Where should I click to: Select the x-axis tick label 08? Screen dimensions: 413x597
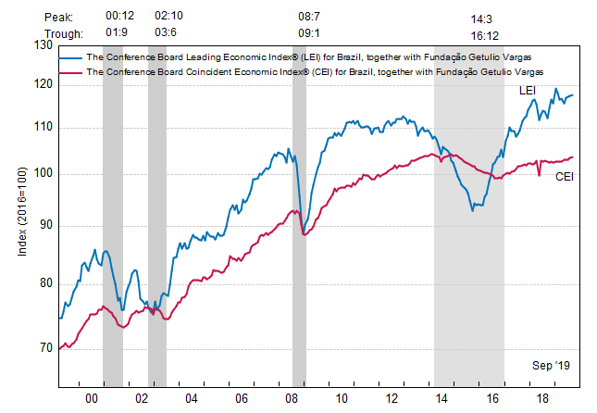pyautogui.click(x=292, y=397)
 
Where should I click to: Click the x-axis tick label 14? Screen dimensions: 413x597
pyautogui.click(x=442, y=397)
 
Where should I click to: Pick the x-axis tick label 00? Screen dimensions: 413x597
pyautogui.click(x=92, y=397)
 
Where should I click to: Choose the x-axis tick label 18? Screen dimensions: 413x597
pyautogui.click(x=541, y=397)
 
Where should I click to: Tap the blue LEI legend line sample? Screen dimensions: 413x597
pyautogui.click(x=70, y=56)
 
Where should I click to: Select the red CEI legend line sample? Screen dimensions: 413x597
pyautogui.click(x=70, y=71)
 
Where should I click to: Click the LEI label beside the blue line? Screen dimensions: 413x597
pyautogui.click(x=526, y=90)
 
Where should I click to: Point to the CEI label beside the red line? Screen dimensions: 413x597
pyautogui.click(x=563, y=176)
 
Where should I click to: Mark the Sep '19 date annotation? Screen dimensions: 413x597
pyautogui.click(x=552, y=367)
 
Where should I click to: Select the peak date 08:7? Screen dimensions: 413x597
pyautogui.click(x=308, y=17)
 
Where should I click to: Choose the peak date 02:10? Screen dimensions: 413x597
pyautogui.click(x=168, y=17)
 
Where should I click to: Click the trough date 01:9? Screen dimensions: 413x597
pyautogui.click(x=117, y=32)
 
